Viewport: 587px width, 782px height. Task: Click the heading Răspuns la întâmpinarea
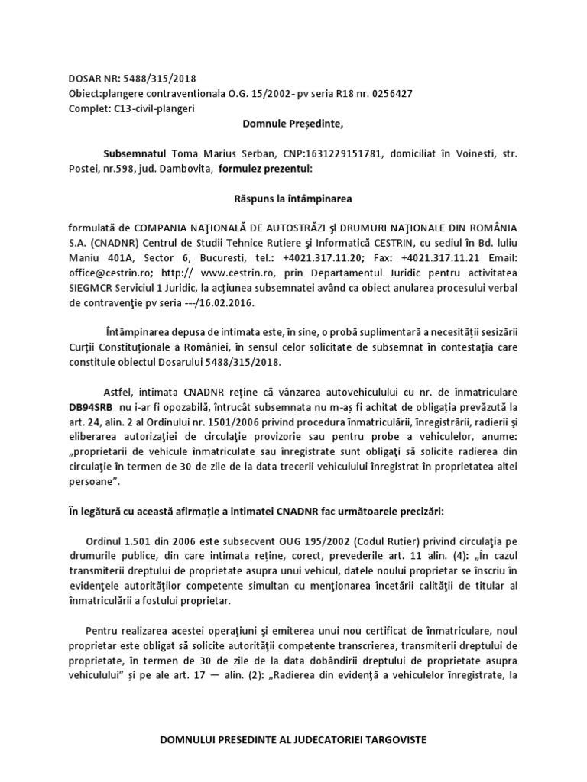pyautogui.click(x=293, y=198)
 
